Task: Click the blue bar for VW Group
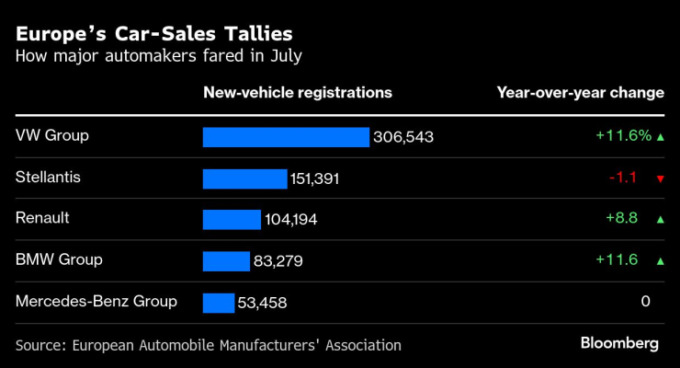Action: tap(286, 137)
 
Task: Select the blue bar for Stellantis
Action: tap(244, 178)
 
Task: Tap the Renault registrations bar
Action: tap(232, 220)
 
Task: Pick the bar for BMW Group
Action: tap(226, 261)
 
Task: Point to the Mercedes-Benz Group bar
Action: tap(219, 303)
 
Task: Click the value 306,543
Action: tap(403, 137)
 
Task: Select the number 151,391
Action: tap(315, 178)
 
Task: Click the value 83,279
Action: tap(278, 261)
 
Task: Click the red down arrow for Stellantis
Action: tap(660, 178)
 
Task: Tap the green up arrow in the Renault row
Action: tap(660, 219)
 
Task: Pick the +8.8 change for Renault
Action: tap(622, 218)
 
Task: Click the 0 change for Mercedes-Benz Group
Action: tap(645, 301)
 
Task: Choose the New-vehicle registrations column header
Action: tap(297, 93)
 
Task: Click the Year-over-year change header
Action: tap(580, 93)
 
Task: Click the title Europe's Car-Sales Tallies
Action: tap(154, 34)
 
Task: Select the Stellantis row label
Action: tap(48, 177)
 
